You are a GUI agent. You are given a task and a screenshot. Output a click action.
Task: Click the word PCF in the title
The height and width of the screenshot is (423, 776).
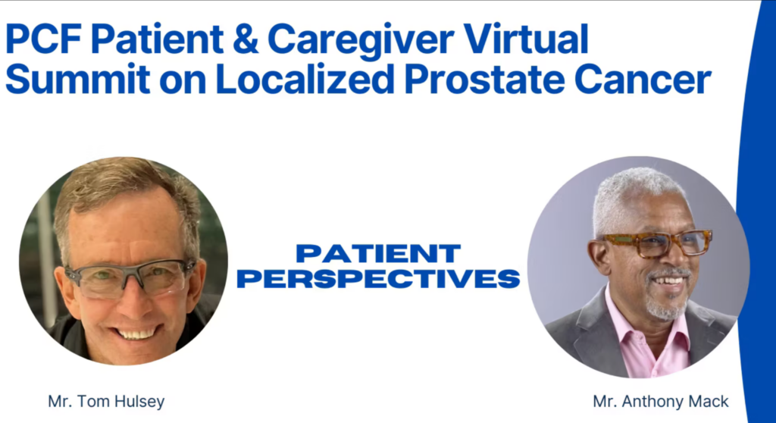(43, 39)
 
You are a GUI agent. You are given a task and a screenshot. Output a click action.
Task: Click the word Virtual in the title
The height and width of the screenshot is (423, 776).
(526, 39)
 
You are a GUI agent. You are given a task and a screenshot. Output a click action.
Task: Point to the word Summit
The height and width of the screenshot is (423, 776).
(78, 79)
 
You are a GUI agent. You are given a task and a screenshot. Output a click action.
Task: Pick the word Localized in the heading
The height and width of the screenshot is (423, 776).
(305, 79)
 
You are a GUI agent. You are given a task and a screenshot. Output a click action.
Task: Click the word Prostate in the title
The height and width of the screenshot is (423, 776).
(484, 80)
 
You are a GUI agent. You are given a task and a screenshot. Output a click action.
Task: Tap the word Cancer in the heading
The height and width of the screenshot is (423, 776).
(643, 80)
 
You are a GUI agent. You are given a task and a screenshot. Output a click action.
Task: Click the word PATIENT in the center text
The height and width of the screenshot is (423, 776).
(379, 254)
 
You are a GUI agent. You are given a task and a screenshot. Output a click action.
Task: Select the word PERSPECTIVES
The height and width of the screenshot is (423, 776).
(379, 278)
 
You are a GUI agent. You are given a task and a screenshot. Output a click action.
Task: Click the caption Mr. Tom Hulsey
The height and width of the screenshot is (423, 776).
(106, 401)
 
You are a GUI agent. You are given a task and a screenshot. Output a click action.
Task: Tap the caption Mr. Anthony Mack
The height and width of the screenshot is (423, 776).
(661, 401)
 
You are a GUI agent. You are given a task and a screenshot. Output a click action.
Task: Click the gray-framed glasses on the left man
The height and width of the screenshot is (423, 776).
(129, 277)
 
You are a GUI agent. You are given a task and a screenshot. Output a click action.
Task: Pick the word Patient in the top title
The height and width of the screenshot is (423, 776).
(157, 39)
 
